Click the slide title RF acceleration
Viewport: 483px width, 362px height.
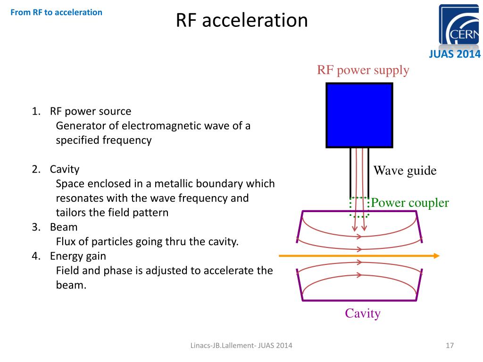[x=241, y=21]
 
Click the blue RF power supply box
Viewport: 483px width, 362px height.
[x=359, y=115]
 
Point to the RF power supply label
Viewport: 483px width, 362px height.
[x=363, y=71]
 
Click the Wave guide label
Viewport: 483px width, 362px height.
[x=405, y=171]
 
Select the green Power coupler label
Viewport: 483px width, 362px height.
[x=409, y=203]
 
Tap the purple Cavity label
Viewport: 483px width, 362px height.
[x=362, y=313]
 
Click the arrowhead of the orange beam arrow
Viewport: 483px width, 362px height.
[x=436, y=256]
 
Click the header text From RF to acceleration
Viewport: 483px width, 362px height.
[x=56, y=12]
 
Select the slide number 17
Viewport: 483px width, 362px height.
[x=449, y=346]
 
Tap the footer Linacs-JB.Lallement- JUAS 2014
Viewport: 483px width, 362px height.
[x=241, y=346]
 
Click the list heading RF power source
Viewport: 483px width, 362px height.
[x=91, y=112]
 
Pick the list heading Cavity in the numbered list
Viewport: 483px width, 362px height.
[x=65, y=169]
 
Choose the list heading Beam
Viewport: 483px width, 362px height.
[x=64, y=227]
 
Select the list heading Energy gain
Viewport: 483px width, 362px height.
[x=78, y=256]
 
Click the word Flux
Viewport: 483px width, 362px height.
[x=66, y=242]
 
